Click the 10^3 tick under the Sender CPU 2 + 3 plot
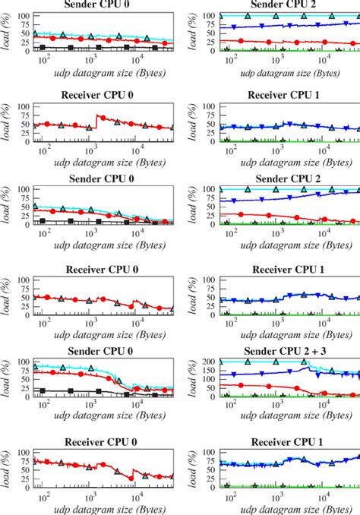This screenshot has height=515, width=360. click(279, 406)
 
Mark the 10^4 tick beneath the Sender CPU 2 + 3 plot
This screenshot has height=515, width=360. click(325, 406)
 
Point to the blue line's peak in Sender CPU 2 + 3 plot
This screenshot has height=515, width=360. click(307, 367)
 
